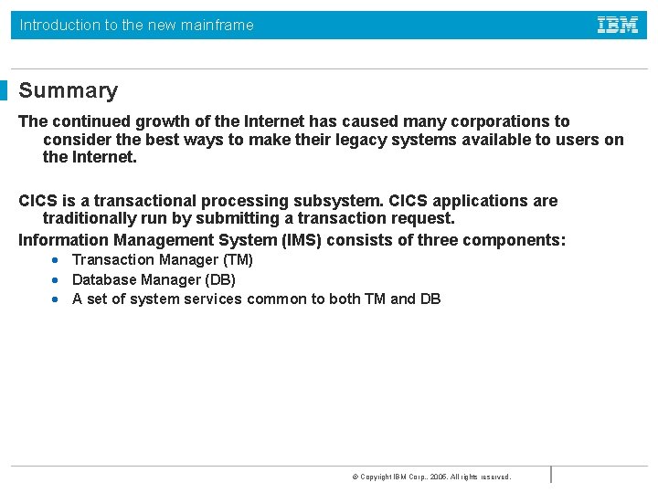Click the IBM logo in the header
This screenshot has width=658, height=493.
point(618,26)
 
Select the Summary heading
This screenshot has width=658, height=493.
point(69,90)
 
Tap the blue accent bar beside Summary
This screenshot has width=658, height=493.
point(4,90)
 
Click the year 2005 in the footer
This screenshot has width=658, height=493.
point(438,477)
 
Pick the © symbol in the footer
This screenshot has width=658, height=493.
point(355,477)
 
